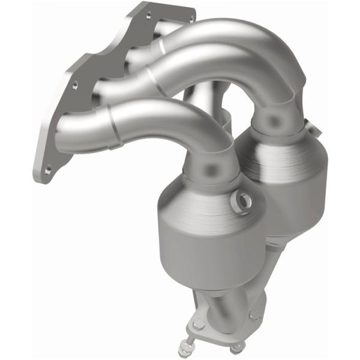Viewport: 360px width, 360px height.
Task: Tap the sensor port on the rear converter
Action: [x=308, y=126]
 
